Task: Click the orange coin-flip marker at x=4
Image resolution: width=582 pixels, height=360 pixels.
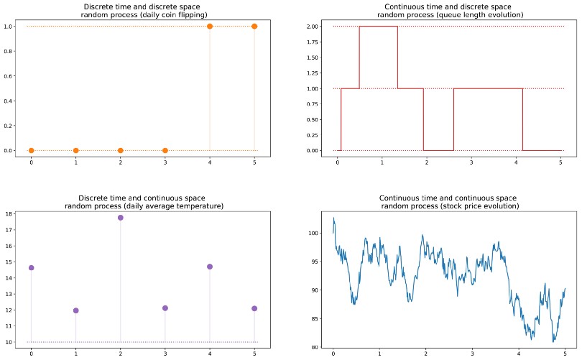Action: click(x=210, y=26)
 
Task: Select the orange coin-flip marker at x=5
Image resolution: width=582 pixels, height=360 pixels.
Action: click(x=254, y=26)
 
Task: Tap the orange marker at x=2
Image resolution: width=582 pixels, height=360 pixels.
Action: click(x=120, y=150)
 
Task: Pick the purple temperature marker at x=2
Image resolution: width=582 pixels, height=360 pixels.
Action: click(x=120, y=217)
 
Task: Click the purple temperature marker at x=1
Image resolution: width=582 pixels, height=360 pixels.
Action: click(x=75, y=310)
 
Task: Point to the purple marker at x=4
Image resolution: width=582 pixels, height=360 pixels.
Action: click(x=210, y=267)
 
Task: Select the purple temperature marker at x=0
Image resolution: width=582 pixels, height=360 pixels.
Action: click(x=31, y=267)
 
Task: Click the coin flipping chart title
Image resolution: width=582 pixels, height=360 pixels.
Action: click(x=143, y=11)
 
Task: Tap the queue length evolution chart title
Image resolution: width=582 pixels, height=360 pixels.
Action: click(x=448, y=11)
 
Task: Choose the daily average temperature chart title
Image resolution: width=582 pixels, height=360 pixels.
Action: click(x=143, y=202)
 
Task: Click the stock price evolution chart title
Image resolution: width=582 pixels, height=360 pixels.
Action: click(x=448, y=202)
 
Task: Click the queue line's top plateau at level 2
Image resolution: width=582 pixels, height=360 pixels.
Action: click(x=378, y=27)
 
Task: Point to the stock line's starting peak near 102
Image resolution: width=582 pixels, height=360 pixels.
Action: click(x=333, y=218)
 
